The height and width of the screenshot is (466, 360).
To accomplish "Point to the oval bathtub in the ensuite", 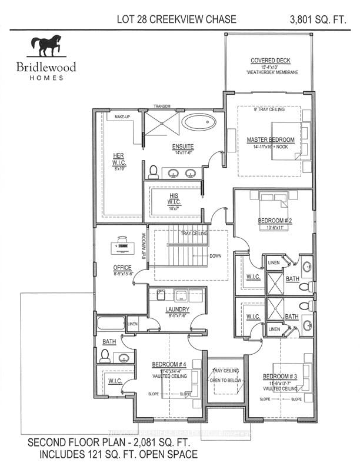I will tap(198, 123).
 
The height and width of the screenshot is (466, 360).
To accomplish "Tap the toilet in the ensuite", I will tap(153, 171).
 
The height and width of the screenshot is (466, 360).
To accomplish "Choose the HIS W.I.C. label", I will tap(173, 197).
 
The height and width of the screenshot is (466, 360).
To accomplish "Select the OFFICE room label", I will tap(122, 267).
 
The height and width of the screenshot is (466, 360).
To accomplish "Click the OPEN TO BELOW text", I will tap(224, 380).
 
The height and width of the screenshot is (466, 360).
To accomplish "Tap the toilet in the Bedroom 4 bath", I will tap(105, 355).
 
